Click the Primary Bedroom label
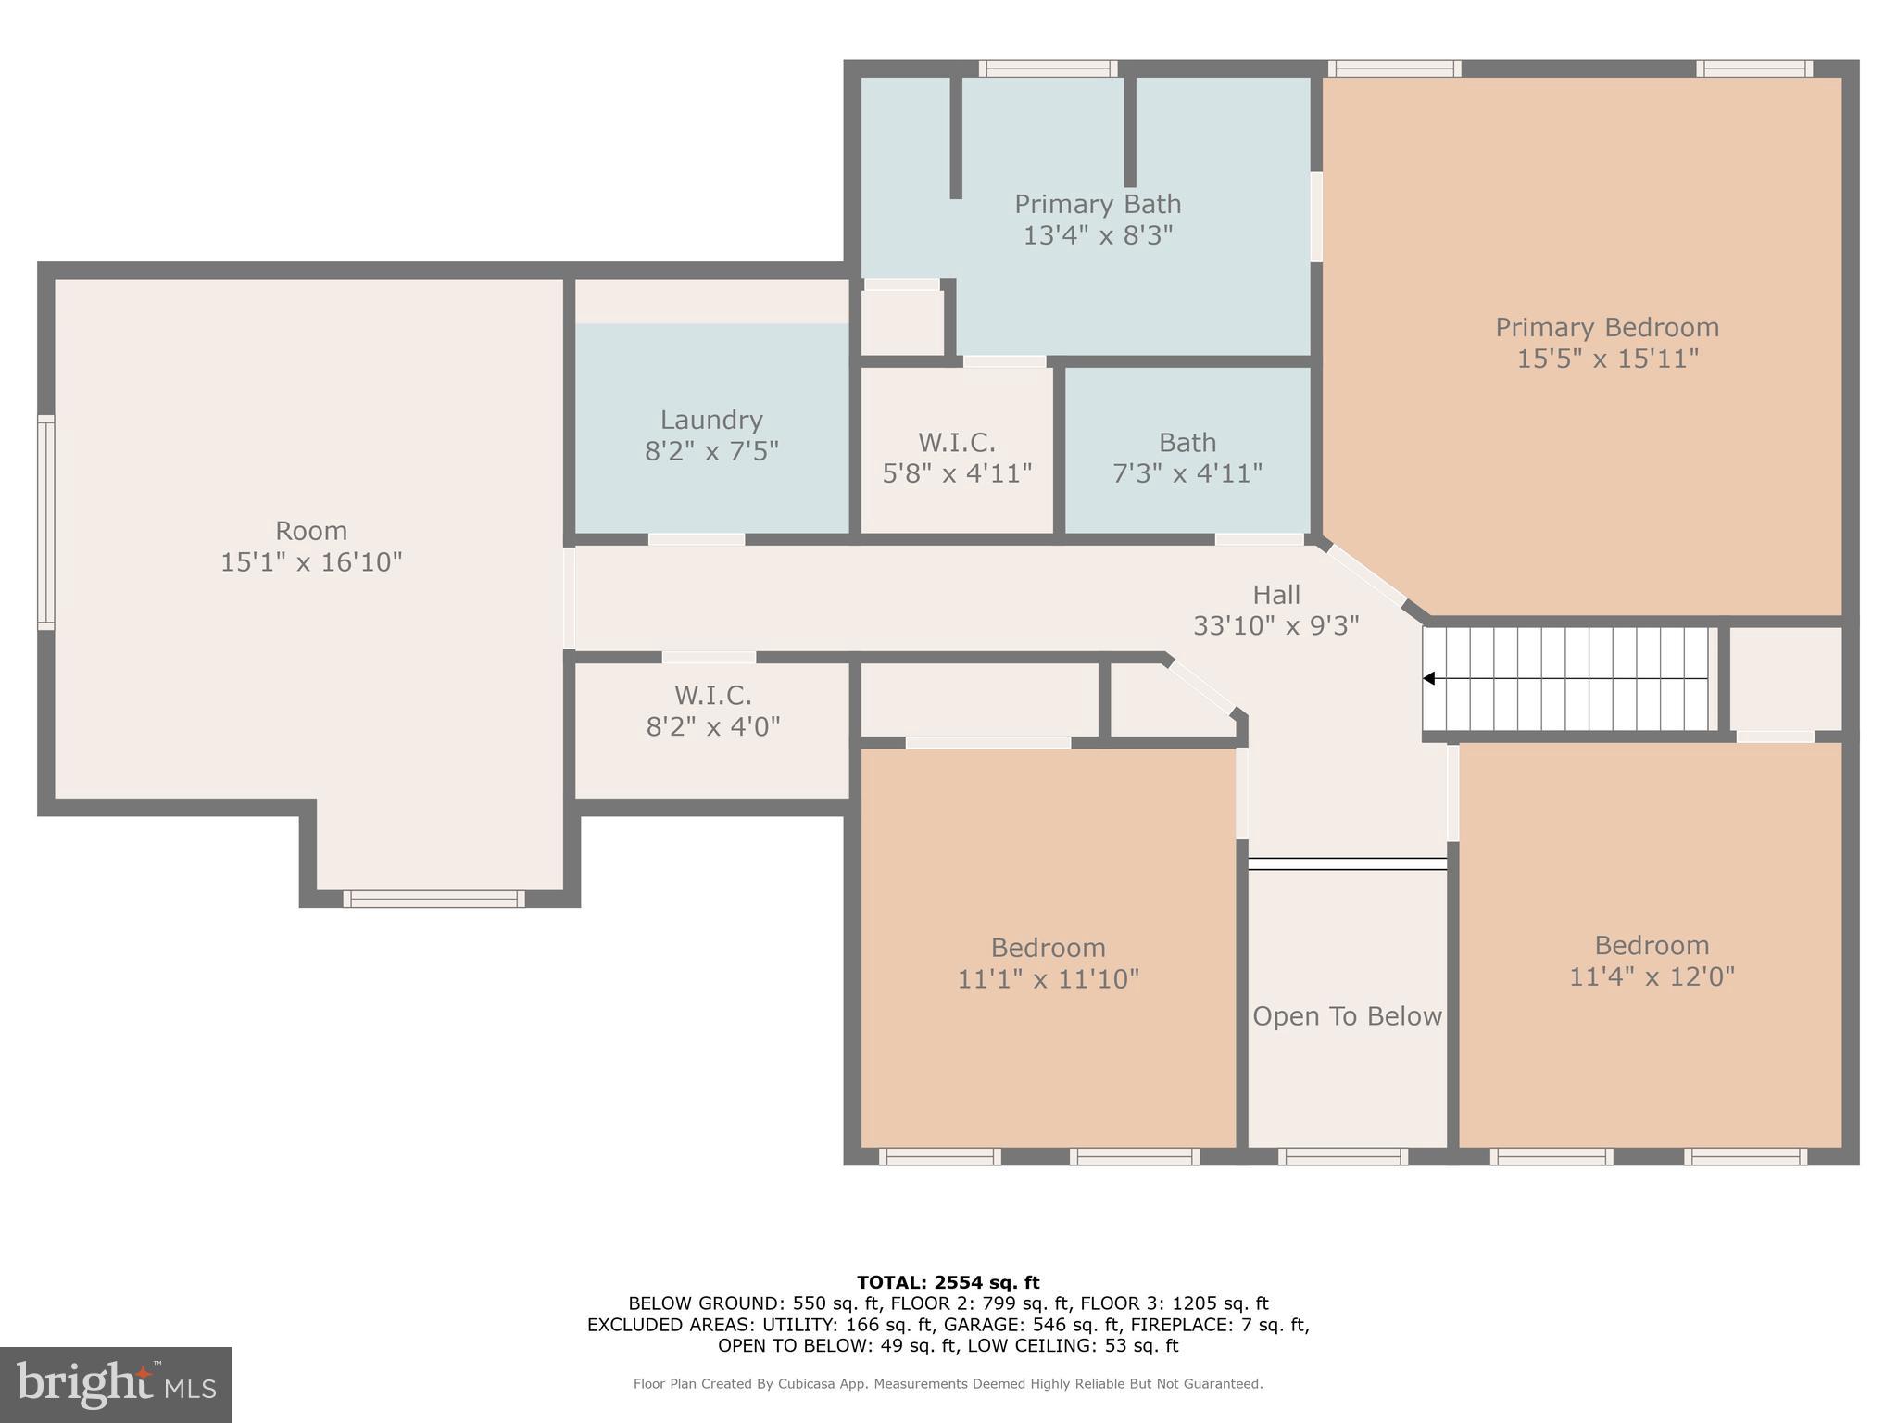point(1606,328)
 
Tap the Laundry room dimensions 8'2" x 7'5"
point(710,451)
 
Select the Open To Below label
point(1347,1016)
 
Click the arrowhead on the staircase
point(1429,679)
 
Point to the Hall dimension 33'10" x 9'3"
point(1275,626)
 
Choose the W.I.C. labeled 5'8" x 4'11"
point(956,458)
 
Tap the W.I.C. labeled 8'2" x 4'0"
point(712,711)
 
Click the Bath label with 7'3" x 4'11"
point(1187,458)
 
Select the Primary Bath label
point(1097,204)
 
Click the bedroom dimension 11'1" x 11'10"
point(1048,979)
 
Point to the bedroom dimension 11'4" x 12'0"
point(1651,976)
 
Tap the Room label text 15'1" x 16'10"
point(311,562)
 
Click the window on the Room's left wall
point(45,523)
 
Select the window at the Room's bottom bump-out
point(433,898)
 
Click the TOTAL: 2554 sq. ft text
point(948,1282)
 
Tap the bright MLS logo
point(115,1384)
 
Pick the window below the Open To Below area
point(1342,1156)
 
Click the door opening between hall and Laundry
point(696,539)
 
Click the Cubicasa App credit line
point(948,1384)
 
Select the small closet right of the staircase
point(1785,679)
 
